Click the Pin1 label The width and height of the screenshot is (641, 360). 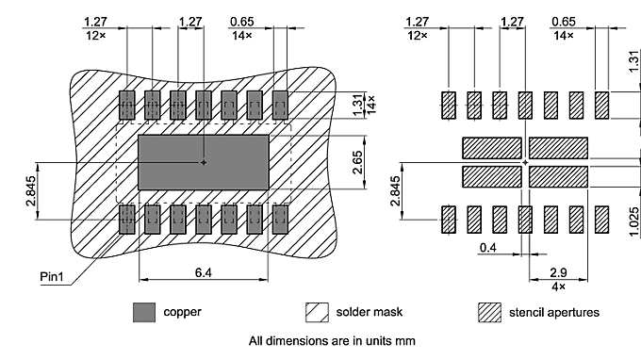click(x=52, y=277)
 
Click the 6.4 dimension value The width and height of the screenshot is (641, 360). click(x=204, y=272)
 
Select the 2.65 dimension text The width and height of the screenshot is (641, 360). click(x=357, y=162)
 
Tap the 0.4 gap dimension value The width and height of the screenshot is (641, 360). click(x=488, y=248)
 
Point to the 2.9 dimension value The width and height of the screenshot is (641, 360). click(x=558, y=272)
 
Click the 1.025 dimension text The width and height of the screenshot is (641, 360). click(x=634, y=221)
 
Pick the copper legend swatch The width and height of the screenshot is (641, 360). click(x=144, y=313)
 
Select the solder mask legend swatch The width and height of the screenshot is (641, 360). click(x=317, y=313)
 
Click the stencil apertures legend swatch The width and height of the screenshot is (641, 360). click(x=490, y=313)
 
